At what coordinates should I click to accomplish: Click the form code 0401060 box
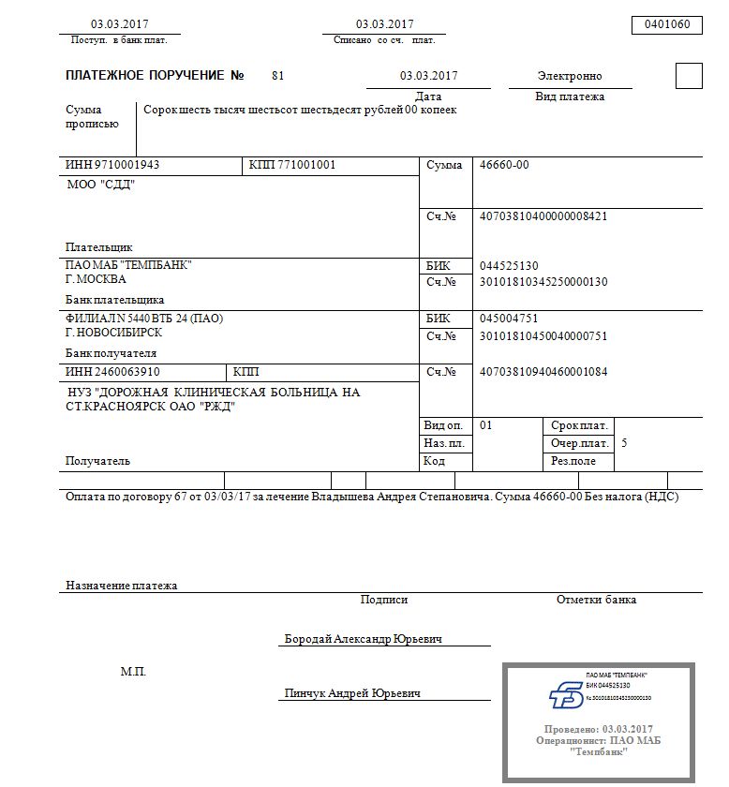pos(667,25)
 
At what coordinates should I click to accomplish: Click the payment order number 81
pos(277,75)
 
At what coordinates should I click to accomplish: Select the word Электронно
pos(570,76)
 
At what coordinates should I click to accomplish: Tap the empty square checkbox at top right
pos(689,76)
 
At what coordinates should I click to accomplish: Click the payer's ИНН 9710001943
pos(113,166)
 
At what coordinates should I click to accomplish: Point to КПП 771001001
pos(291,166)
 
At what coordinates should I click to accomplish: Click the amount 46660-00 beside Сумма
pos(504,166)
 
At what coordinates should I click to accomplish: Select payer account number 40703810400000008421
pos(543,216)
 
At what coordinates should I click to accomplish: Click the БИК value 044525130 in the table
pos(509,266)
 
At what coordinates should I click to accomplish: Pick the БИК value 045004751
pos(509,319)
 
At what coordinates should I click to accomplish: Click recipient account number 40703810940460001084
pos(543,372)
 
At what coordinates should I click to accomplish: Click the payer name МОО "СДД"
pos(101,185)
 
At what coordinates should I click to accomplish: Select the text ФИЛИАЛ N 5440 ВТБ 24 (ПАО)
pos(144,319)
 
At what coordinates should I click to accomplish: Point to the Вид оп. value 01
pos(485,425)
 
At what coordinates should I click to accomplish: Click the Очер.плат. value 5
pos(625,442)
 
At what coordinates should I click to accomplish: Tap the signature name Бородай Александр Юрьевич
pos(364,639)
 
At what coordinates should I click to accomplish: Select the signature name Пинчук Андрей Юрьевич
pos(352,693)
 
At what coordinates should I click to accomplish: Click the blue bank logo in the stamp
pos(565,694)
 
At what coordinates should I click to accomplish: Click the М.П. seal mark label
pos(133,672)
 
